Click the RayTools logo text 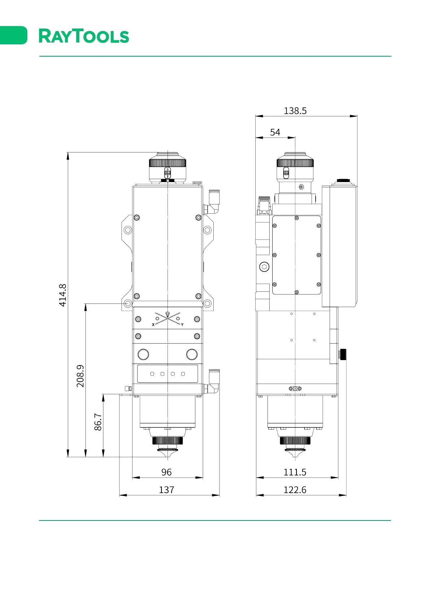click(x=84, y=36)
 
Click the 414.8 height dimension click(x=63, y=295)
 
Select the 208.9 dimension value click(x=81, y=376)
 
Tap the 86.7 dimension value click(x=98, y=422)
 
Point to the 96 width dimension click(x=166, y=472)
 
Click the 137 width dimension click(x=166, y=490)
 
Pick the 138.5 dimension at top click(x=295, y=111)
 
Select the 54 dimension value click(x=275, y=132)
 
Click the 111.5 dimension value click(x=295, y=472)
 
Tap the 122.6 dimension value click(x=295, y=490)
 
